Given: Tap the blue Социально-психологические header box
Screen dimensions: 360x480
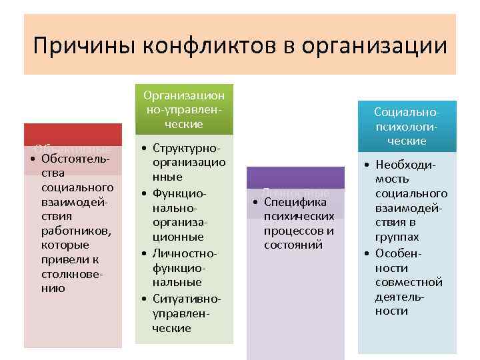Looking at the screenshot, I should click(407, 127).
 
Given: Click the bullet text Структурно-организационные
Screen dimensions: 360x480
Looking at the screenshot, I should click(189, 162).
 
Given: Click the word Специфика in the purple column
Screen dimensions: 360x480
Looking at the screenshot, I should click(294, 202).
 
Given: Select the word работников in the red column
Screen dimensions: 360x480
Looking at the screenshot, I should click(75, 231).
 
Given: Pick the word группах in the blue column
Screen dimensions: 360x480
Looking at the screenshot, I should click(397, 237).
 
